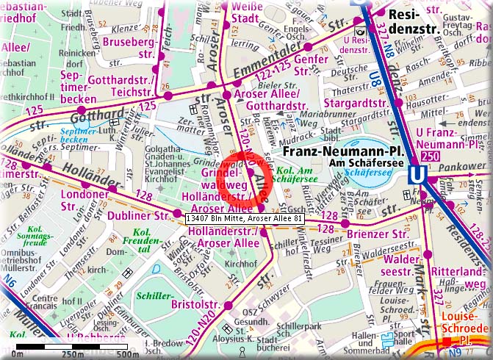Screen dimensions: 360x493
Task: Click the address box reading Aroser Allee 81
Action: (x=245, y=219)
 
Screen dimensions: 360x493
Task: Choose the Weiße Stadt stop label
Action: (x=244, y=13)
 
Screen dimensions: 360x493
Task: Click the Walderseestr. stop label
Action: (x=395, y=264)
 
